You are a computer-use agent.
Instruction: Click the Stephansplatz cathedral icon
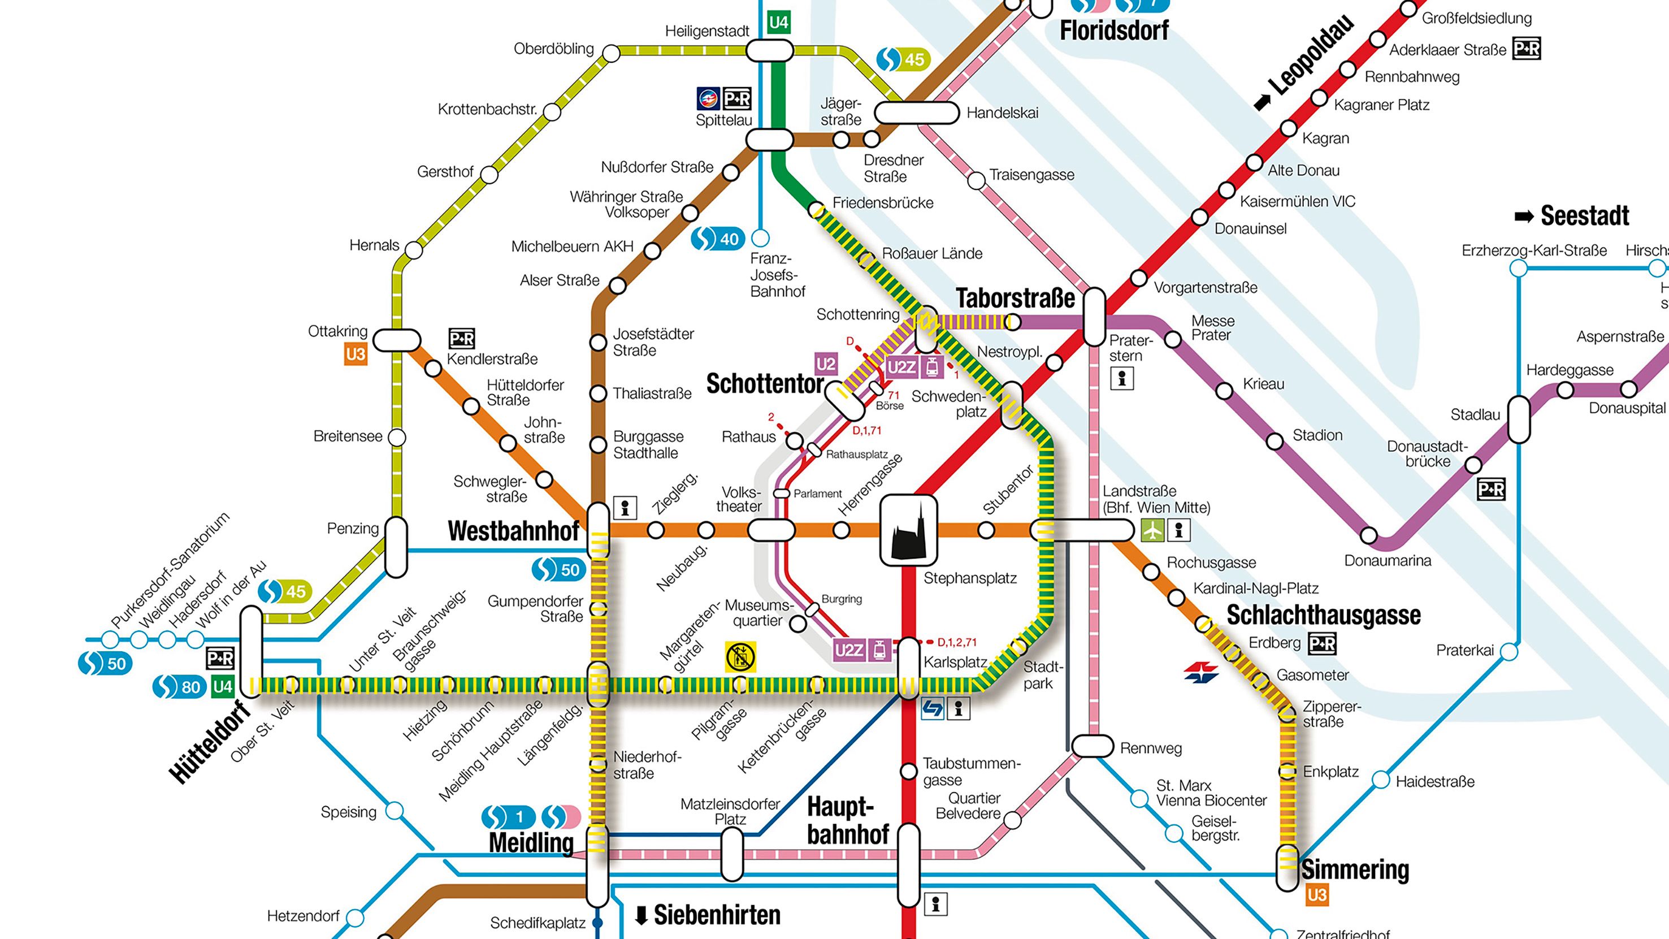[908, 530]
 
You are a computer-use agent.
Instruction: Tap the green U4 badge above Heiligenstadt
[778, 23]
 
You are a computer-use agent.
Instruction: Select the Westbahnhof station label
[513, 531]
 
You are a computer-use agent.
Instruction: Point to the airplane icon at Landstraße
[1152, 531]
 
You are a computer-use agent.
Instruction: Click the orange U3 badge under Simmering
[1316, 895]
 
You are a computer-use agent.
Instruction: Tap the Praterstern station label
[1130, 348]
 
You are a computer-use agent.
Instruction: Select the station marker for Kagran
[1289, 128]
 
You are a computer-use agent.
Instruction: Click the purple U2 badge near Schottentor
[825, 364]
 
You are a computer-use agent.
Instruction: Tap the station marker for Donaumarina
[1368, 536]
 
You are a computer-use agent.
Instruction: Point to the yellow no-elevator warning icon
[740, 656]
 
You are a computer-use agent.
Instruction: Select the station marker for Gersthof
[489, 174]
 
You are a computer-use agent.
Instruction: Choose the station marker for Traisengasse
[976, 180]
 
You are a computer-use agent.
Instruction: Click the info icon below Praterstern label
[1122, 378]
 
